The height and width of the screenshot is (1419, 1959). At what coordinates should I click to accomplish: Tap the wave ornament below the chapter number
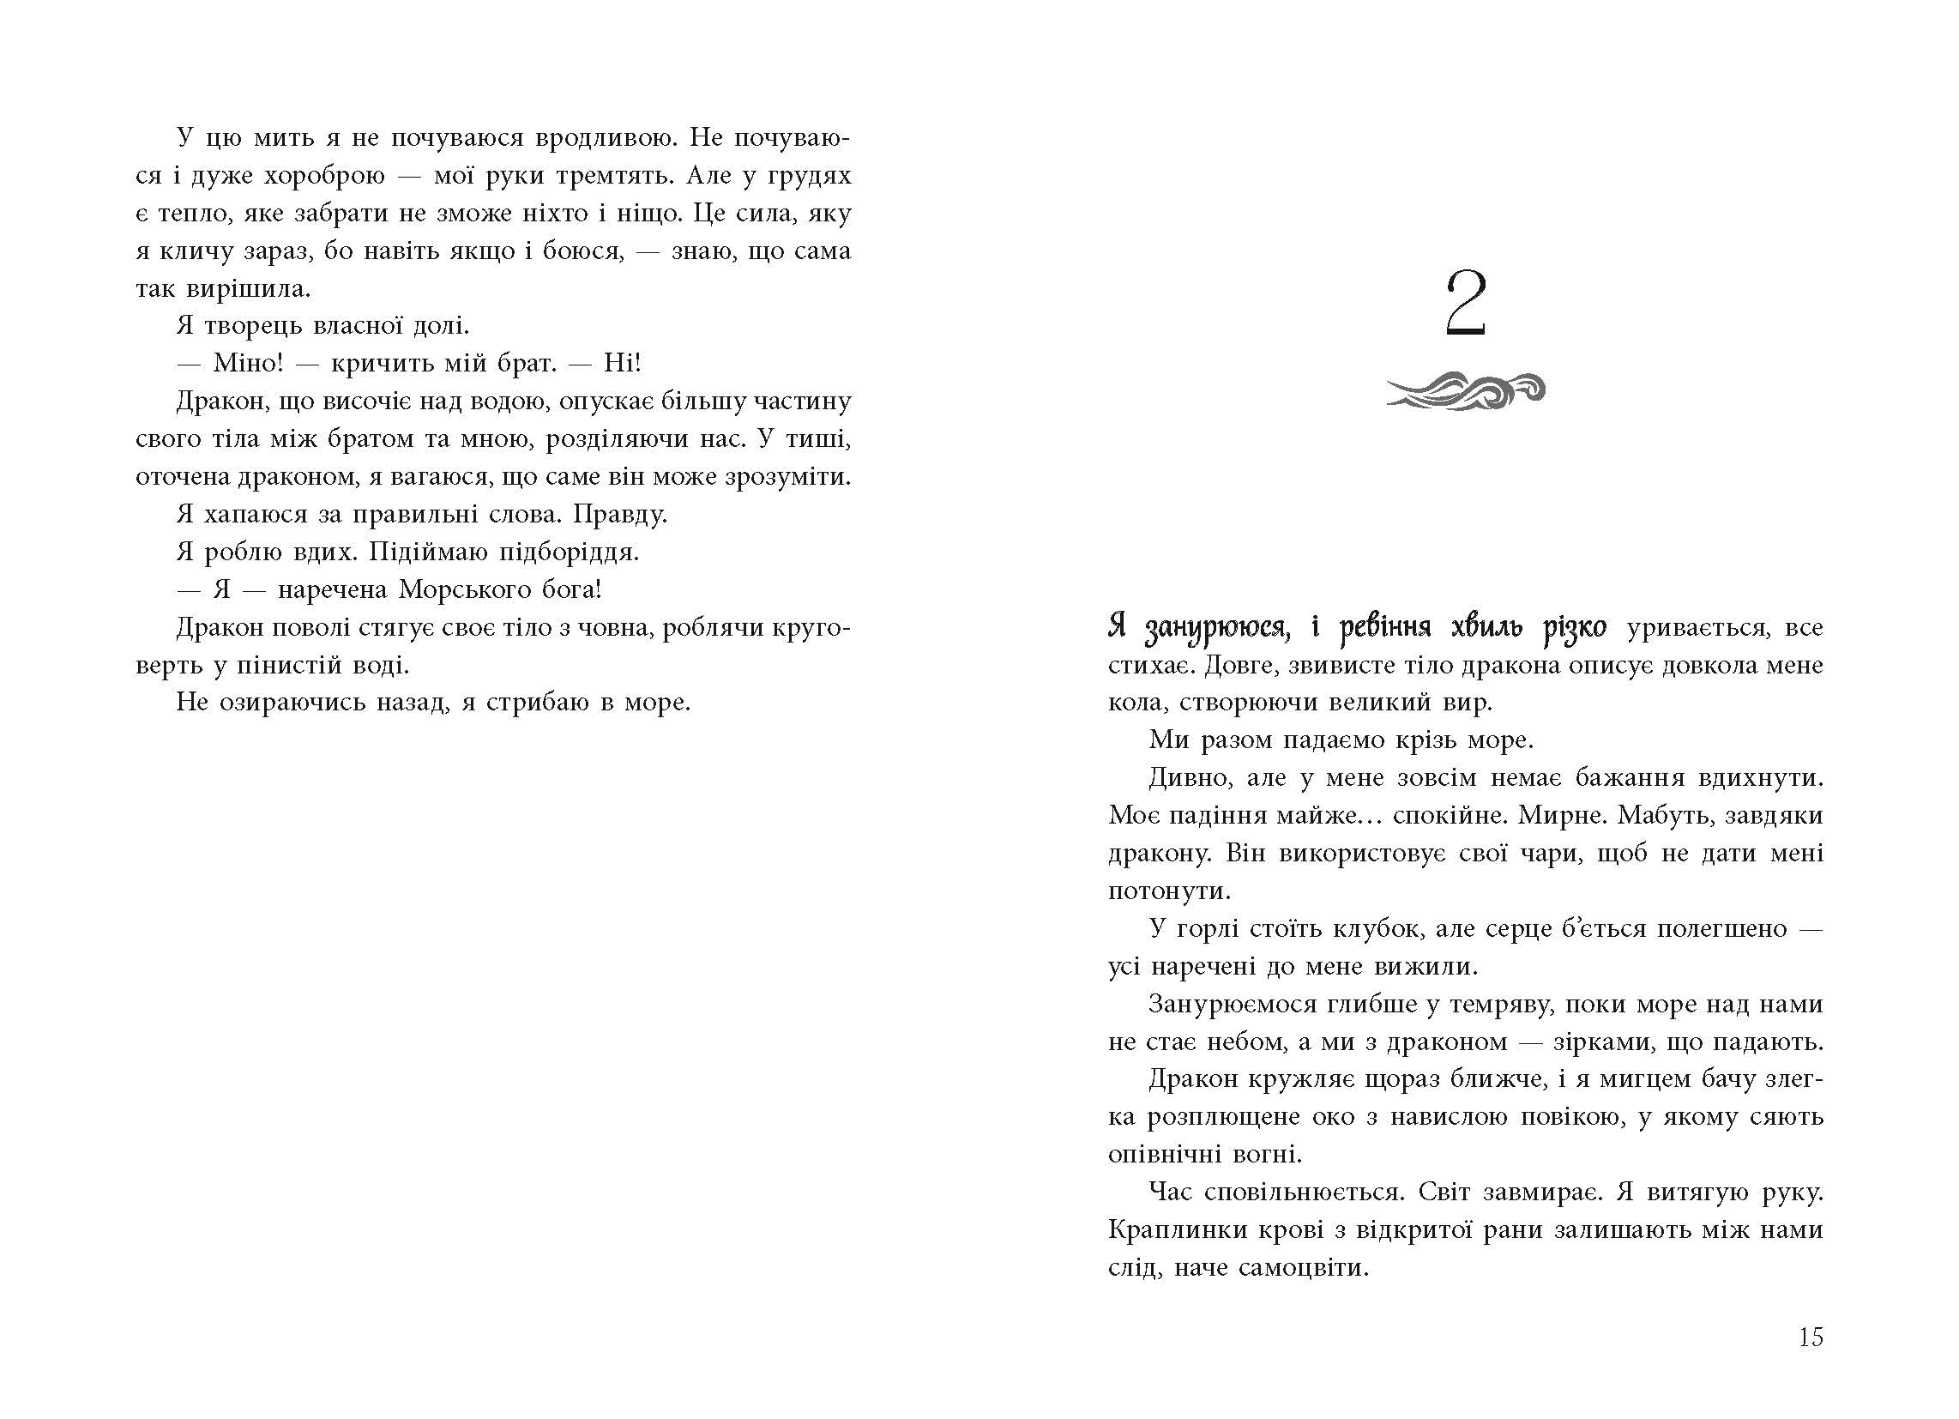[1465, 391]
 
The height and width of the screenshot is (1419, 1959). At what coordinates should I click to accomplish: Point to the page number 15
[1811, 1337]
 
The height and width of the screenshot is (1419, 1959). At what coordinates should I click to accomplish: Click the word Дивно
[1190, 778]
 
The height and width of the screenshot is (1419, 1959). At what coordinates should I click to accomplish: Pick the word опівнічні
[1160, 1154]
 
